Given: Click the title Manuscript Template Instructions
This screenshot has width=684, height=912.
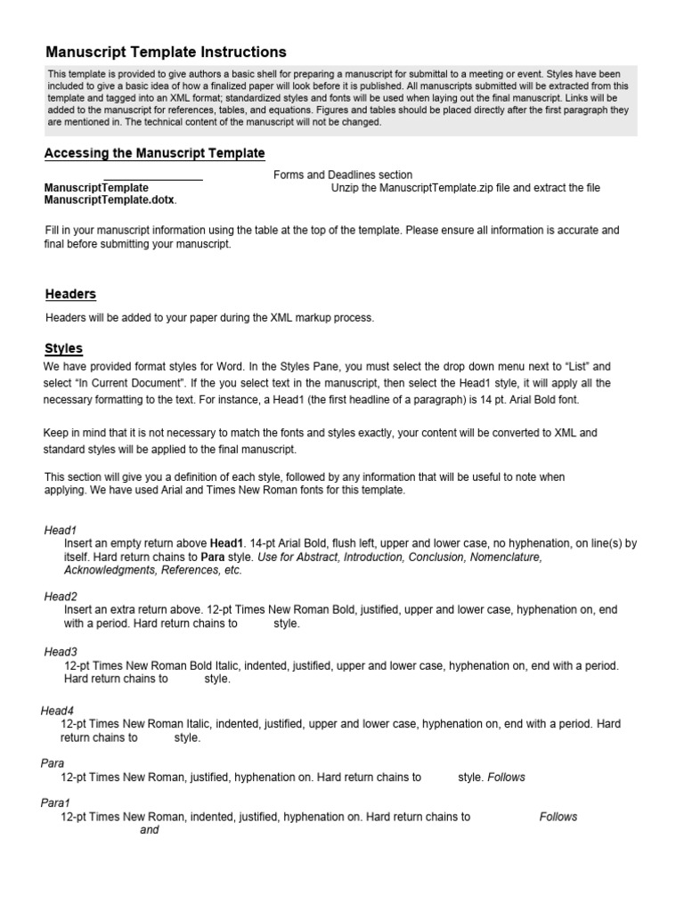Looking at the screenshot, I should [x=166, y=53].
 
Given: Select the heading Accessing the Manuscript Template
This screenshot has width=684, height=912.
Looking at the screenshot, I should [x=155, y=153].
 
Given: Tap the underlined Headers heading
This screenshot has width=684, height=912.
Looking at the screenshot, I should [x=70, y=294].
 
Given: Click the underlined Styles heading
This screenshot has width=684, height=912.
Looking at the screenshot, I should [x=63, y=348].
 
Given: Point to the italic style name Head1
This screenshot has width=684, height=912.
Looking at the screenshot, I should [x=61, y=530].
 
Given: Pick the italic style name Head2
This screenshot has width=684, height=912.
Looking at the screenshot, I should [x=61, y=597].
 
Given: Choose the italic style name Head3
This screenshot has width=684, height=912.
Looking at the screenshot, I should [x=61, y=652].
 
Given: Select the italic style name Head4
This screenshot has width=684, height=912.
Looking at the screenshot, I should [x=57, y=711].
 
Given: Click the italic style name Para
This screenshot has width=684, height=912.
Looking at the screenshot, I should [x=53, y=763].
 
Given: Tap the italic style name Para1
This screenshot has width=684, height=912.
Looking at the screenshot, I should [x=55, y=802].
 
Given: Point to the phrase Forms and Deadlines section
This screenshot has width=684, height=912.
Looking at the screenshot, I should [x=343, y=175].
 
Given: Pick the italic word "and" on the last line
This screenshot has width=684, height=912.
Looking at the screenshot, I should [x=150, y=830].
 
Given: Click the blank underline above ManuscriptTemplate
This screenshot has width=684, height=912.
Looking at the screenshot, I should [x=153, y=181].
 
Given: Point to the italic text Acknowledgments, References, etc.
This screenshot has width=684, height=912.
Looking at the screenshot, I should [x=152, y=570].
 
